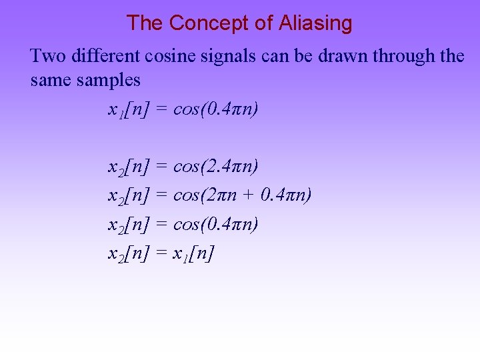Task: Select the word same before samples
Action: pyautogui.click(x=51, y=81)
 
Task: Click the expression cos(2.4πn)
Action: pyautogui.click(x=215, y=166)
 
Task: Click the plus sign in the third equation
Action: pyautogui.click(x=250, y=195)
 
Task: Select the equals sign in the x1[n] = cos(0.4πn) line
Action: pyautogui.click(x=161, y=109)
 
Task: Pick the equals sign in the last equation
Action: pyautogui.click(x=161, y=253)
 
